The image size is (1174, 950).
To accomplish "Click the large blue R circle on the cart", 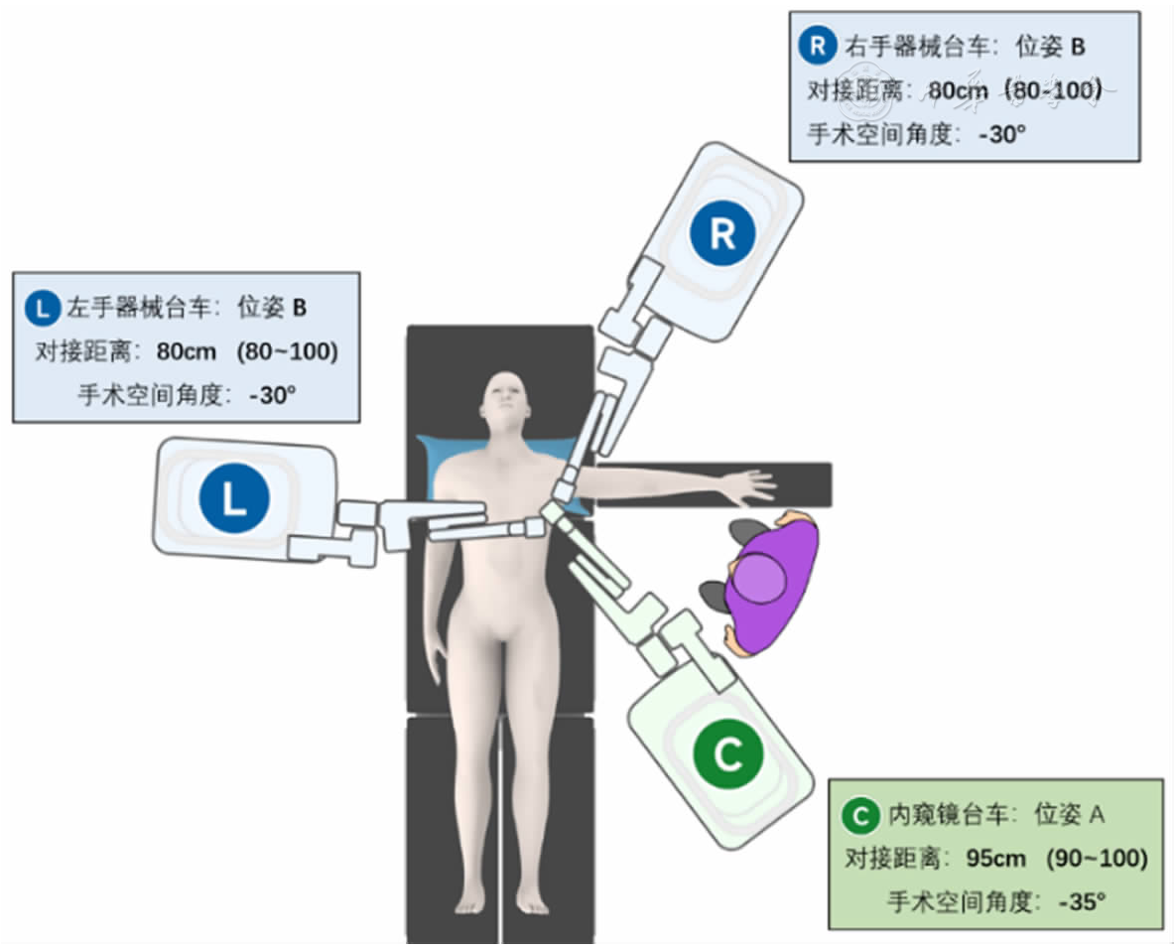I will pyautogui.click(x=721, y=233).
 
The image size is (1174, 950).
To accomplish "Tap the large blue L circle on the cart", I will pyautogui.click(x=233, y=495).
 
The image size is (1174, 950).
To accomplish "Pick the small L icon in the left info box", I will pyautogui.click(x=41, y=308).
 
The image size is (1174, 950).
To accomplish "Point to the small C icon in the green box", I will pyautogui.click(x=858, y=816).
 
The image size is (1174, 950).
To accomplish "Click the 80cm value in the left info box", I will pyautogui.click(x=187, y=351).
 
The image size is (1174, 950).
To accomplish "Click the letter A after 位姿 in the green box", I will pyautogui.click(x=1098, y=816).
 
